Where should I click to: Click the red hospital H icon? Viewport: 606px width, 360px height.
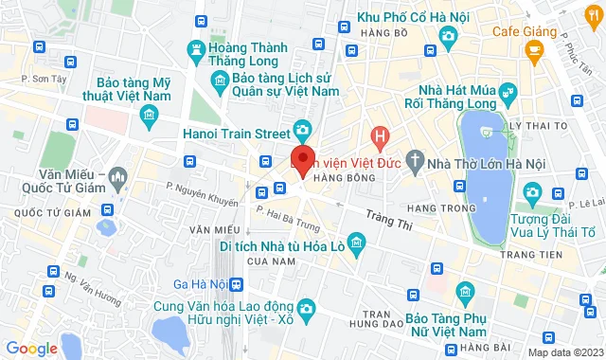point(380,137)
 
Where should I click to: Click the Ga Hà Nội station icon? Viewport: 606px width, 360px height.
point(236,283)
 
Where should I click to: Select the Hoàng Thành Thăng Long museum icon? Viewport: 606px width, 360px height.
point(196,48)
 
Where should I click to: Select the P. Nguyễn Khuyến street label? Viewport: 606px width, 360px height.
point(202,194)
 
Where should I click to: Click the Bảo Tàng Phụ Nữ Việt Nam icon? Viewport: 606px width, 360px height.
point(464,290)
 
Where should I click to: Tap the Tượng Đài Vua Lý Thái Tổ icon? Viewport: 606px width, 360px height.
point(532,193)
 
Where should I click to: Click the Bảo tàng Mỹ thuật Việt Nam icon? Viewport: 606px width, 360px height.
point(148,116)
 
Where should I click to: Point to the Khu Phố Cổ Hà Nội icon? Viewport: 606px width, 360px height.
point(448,36)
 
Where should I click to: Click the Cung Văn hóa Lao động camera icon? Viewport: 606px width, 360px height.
point(306,309)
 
